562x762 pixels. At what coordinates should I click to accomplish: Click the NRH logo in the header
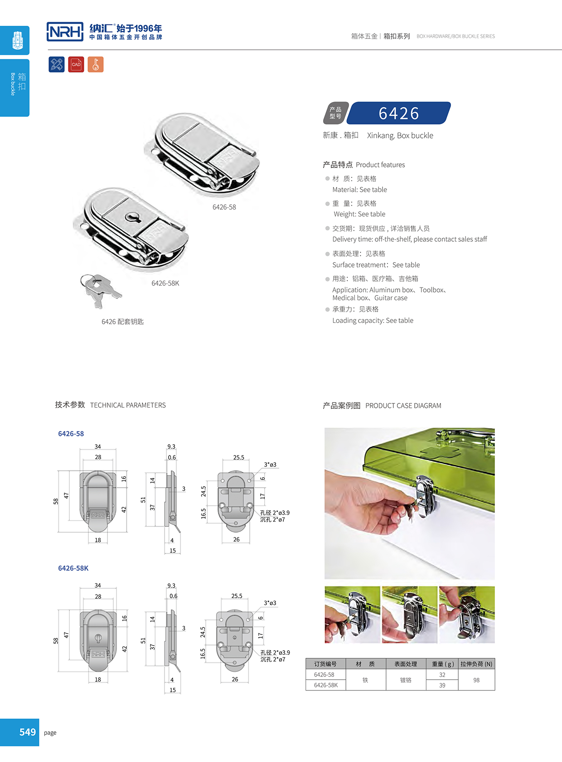pos(65,32)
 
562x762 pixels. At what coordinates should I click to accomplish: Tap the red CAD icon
pos(76,64)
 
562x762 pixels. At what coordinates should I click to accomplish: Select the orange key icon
pos(96,64)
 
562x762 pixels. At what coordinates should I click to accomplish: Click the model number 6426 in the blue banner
pos(399,113)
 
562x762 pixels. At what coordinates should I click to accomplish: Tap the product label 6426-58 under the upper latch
pos(224,207)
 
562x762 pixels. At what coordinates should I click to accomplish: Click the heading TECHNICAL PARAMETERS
pos(128,405)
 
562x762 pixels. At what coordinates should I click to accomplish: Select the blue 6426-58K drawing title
pos(73,568)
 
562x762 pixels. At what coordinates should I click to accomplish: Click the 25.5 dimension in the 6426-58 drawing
pos(238,457)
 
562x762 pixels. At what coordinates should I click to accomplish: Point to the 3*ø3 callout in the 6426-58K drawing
pos(270,603)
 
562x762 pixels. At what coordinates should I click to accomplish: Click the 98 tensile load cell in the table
pos(476,680)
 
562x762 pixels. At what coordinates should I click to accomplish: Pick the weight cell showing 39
pos(442,685)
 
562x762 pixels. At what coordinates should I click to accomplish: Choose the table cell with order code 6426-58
pos(324,675)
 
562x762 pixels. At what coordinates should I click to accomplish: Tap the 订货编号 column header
pos(325,664)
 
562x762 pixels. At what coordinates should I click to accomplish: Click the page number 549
pos(27,732)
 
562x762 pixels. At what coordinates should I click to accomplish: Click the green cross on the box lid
pos(433,452)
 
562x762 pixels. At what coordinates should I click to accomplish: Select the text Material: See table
pos(359,190)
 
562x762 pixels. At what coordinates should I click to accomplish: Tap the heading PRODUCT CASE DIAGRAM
pos(403,406)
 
